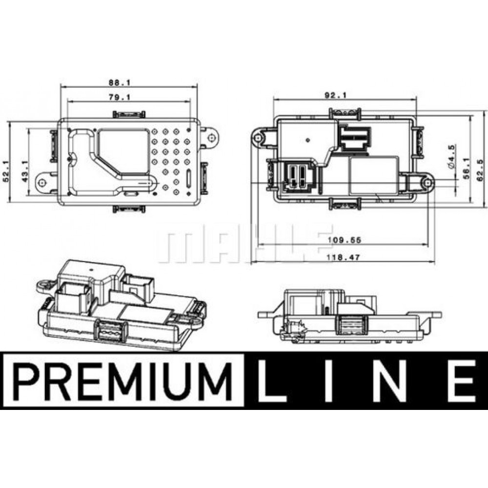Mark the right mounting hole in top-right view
428,183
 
